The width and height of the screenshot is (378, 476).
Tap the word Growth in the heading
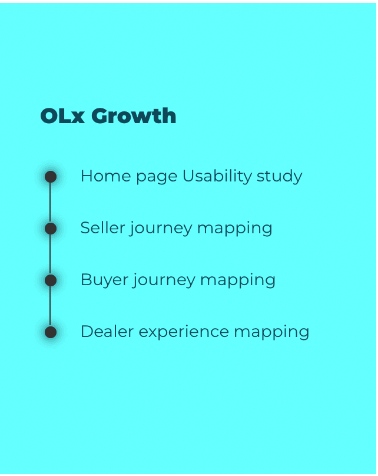[x=134, y=116]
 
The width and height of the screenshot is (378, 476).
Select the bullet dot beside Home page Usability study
[x=51, y=177]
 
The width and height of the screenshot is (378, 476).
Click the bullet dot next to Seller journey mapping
[x=51, y=229]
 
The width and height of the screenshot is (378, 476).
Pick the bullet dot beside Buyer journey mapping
[x=51, y=280]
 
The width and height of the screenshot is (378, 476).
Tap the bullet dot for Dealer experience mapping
[x=51, y=332]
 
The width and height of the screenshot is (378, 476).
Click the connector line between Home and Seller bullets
[x=51, y=203]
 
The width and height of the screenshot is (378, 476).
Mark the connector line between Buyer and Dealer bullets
[x=51, y=306]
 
